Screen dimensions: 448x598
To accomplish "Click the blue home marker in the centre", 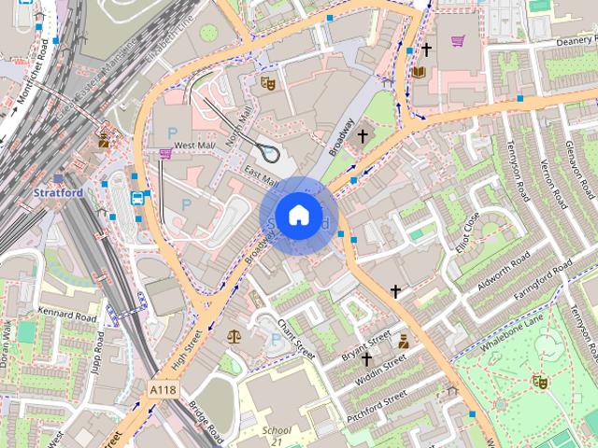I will coord(297,216).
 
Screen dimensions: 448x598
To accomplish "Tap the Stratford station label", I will coord(58,193).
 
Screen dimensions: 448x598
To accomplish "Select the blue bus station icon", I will coord(137,198).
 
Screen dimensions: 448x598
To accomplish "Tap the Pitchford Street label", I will coord(377,408).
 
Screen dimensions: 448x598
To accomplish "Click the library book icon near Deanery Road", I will coord(419,71).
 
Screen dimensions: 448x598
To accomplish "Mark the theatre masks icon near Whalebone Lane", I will coord(539,381).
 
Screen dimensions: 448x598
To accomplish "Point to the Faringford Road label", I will coord(536,281).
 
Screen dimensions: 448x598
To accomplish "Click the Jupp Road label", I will coord(98,347).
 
